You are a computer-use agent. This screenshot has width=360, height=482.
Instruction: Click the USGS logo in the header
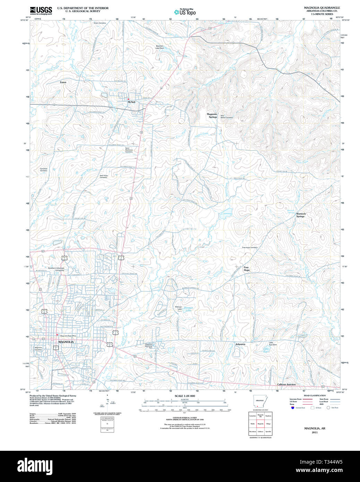(41, 10)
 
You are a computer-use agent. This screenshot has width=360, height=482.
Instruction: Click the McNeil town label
(131, 102)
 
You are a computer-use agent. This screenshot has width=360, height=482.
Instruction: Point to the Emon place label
(63, 82)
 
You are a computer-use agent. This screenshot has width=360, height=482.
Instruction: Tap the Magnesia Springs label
(212, 115)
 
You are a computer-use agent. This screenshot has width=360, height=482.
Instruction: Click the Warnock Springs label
(301, 215)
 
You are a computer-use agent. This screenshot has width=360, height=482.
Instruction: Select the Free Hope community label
(246, 269)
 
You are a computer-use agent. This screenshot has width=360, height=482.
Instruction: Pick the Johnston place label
(240, 344)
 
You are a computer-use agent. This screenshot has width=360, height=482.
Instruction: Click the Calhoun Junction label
(286, 385)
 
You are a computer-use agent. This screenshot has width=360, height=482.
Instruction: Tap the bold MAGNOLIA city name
(66, 342)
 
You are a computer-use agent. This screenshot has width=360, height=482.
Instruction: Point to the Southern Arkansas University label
(56, 269)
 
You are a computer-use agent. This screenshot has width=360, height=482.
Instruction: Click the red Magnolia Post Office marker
(57, 335)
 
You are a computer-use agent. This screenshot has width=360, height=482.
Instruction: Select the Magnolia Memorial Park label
(149, 345)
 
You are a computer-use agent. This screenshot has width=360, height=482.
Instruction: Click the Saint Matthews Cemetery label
(129, 150)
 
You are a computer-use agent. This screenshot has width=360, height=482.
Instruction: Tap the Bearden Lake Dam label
(160, 47)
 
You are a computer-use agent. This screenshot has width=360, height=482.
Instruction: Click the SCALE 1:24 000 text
(185, 396)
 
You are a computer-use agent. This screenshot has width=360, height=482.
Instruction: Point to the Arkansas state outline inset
(259, 400)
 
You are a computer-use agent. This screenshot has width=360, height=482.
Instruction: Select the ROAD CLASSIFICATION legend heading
(315, 396)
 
